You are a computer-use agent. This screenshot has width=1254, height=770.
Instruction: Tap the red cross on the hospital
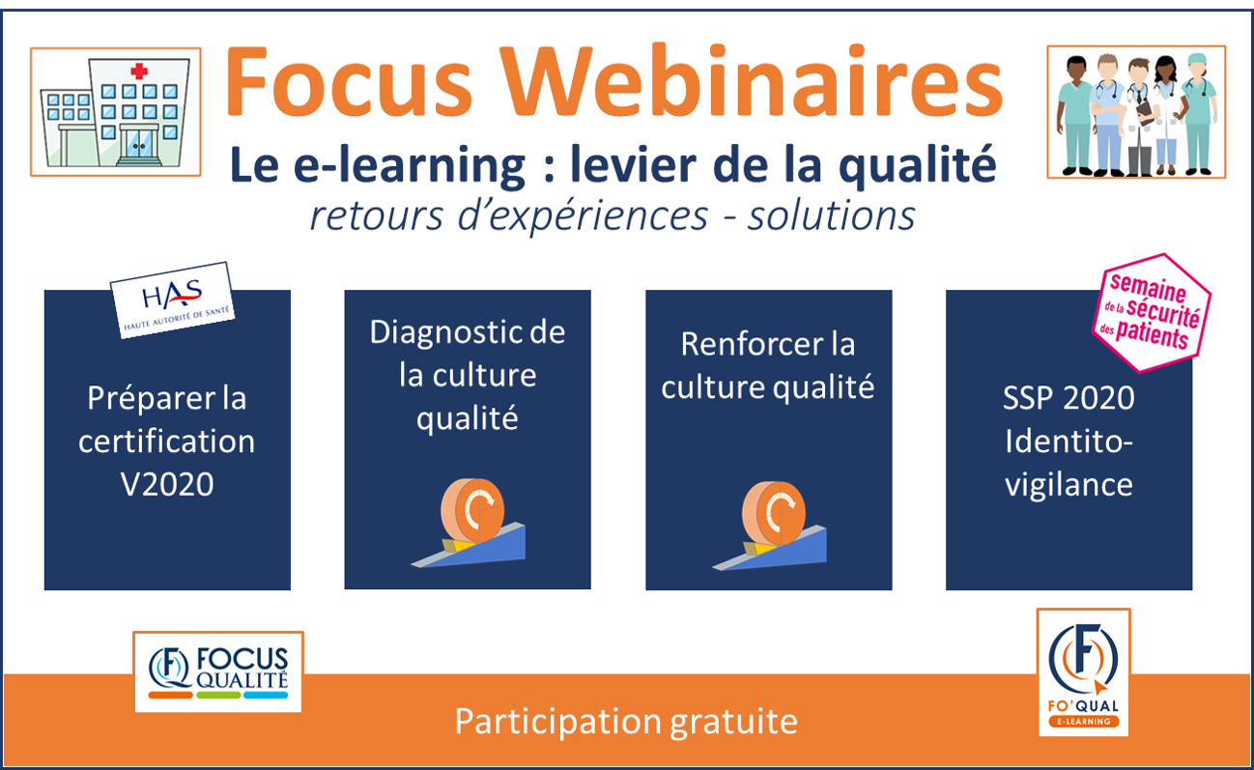tap(139, 71)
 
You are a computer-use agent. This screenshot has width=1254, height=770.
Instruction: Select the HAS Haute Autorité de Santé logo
tap(172, 299)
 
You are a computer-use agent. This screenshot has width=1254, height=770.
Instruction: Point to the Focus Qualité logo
tap(218, 672)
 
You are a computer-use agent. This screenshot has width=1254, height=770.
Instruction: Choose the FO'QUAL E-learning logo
tap(1084, 672)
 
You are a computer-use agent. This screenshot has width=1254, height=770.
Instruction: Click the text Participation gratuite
tap(626, 722)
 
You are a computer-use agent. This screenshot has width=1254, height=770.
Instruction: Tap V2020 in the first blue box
tap(167, 484)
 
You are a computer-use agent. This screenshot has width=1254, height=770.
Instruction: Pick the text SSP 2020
tap(1069, 399)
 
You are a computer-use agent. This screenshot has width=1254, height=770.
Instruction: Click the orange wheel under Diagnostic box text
tap(472, 510)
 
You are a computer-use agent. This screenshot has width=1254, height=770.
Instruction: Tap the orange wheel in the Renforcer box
tap(774, 513)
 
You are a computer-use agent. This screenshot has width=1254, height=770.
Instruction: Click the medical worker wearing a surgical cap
tap(1197, 115)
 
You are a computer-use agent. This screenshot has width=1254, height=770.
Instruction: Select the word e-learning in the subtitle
tap(410, 165)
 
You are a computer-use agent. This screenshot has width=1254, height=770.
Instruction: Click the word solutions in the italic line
tap(832, 216)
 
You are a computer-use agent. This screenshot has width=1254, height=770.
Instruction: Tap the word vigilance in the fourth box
tap(1069, 486)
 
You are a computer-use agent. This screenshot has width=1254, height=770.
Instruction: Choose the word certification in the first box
tap(167, 442)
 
